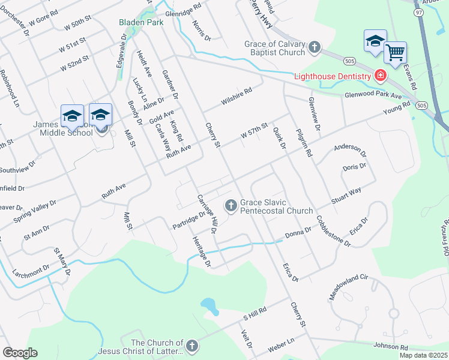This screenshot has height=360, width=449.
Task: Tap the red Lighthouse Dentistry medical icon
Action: (380, 76)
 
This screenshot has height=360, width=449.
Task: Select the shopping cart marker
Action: (395, 53)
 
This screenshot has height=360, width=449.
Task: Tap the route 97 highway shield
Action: (418, 12)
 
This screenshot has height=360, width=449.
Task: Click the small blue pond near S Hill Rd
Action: (209, 305)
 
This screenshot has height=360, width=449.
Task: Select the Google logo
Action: (20, 353)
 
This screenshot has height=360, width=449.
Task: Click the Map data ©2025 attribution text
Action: (423, 355)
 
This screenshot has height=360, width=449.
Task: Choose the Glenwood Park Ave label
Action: (372, 95)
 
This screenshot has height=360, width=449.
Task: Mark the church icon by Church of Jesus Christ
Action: (191, 346)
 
